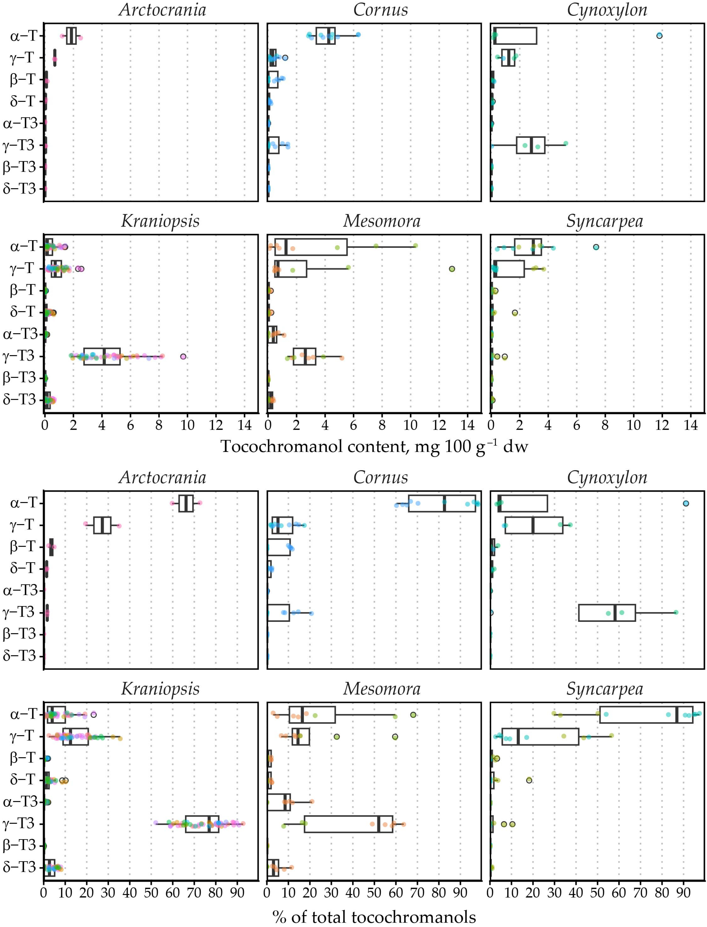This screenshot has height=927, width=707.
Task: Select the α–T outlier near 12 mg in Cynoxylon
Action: coord(659,36)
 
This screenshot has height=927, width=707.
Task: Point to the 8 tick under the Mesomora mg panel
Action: coord(382,425)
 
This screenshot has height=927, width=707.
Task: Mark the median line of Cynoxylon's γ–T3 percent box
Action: coord(615,613)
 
